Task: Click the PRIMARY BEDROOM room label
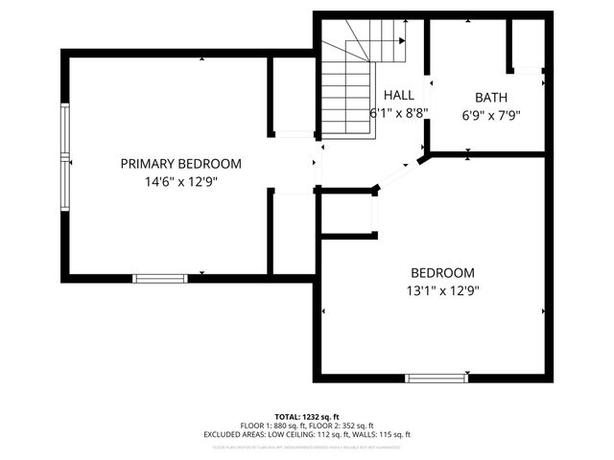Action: click(x=180, y=164)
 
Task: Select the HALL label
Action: click(x=398, y=95)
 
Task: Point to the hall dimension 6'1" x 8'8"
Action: click(x=398, y=112)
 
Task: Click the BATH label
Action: click(x=491, y=98)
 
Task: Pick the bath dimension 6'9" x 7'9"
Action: click(x=491, y=115)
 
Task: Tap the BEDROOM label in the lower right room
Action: click(x=442, y=272)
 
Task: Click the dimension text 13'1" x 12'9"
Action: click(x=442, y=289)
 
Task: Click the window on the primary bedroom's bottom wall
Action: click(x=160, y=278)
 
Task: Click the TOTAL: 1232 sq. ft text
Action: click(x=307, y=417)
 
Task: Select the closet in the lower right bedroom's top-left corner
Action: click(x=346, y=214)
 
